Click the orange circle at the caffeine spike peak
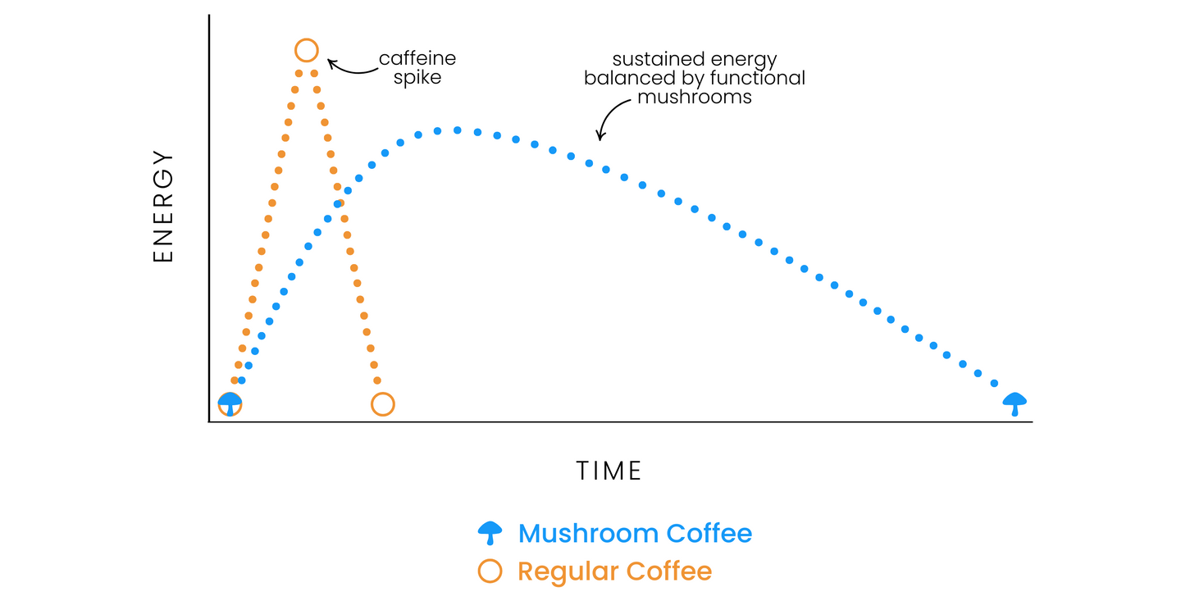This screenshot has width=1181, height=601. [307, 39]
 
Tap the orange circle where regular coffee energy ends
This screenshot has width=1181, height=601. [383, 394]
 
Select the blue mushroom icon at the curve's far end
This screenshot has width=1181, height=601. [1015, 404]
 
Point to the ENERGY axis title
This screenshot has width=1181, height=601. [163, 206]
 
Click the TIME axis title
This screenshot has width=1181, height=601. [609, 471]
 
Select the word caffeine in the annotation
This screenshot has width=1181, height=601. [417, 58]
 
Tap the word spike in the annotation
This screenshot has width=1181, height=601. [417, 78]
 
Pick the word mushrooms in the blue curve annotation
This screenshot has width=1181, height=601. [695, 97]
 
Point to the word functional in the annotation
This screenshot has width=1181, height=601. [758, 78]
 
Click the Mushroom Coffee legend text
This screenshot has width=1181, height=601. [636, 533]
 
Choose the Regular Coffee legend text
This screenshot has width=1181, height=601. [615, 571]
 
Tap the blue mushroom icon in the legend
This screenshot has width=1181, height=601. [490, 533]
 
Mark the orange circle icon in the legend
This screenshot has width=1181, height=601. [490, 559]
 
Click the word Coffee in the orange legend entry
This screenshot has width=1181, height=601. [669, 571]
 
